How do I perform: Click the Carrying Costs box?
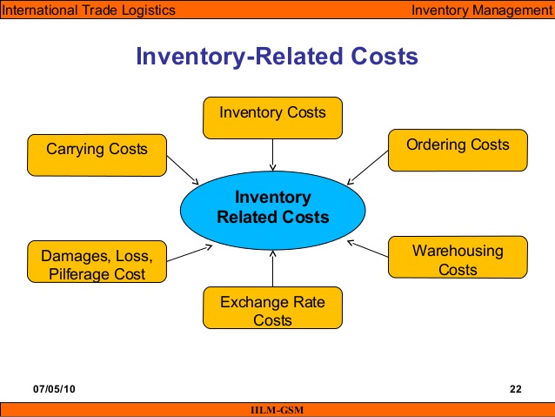coord(97,155)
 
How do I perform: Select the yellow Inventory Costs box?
coord(272,118)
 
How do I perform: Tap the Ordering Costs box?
coord(458,150)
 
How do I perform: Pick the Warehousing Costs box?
coord(458,259)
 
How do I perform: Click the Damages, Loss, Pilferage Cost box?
coord(97,264)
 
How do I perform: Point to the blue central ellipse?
coord(272,207)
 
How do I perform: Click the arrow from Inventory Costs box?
coord(273,153)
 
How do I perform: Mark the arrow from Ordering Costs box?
coord(366,167)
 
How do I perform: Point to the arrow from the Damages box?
coord(188,253)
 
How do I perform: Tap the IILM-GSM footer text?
coord(277,410)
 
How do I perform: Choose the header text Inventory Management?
coord(481,10)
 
